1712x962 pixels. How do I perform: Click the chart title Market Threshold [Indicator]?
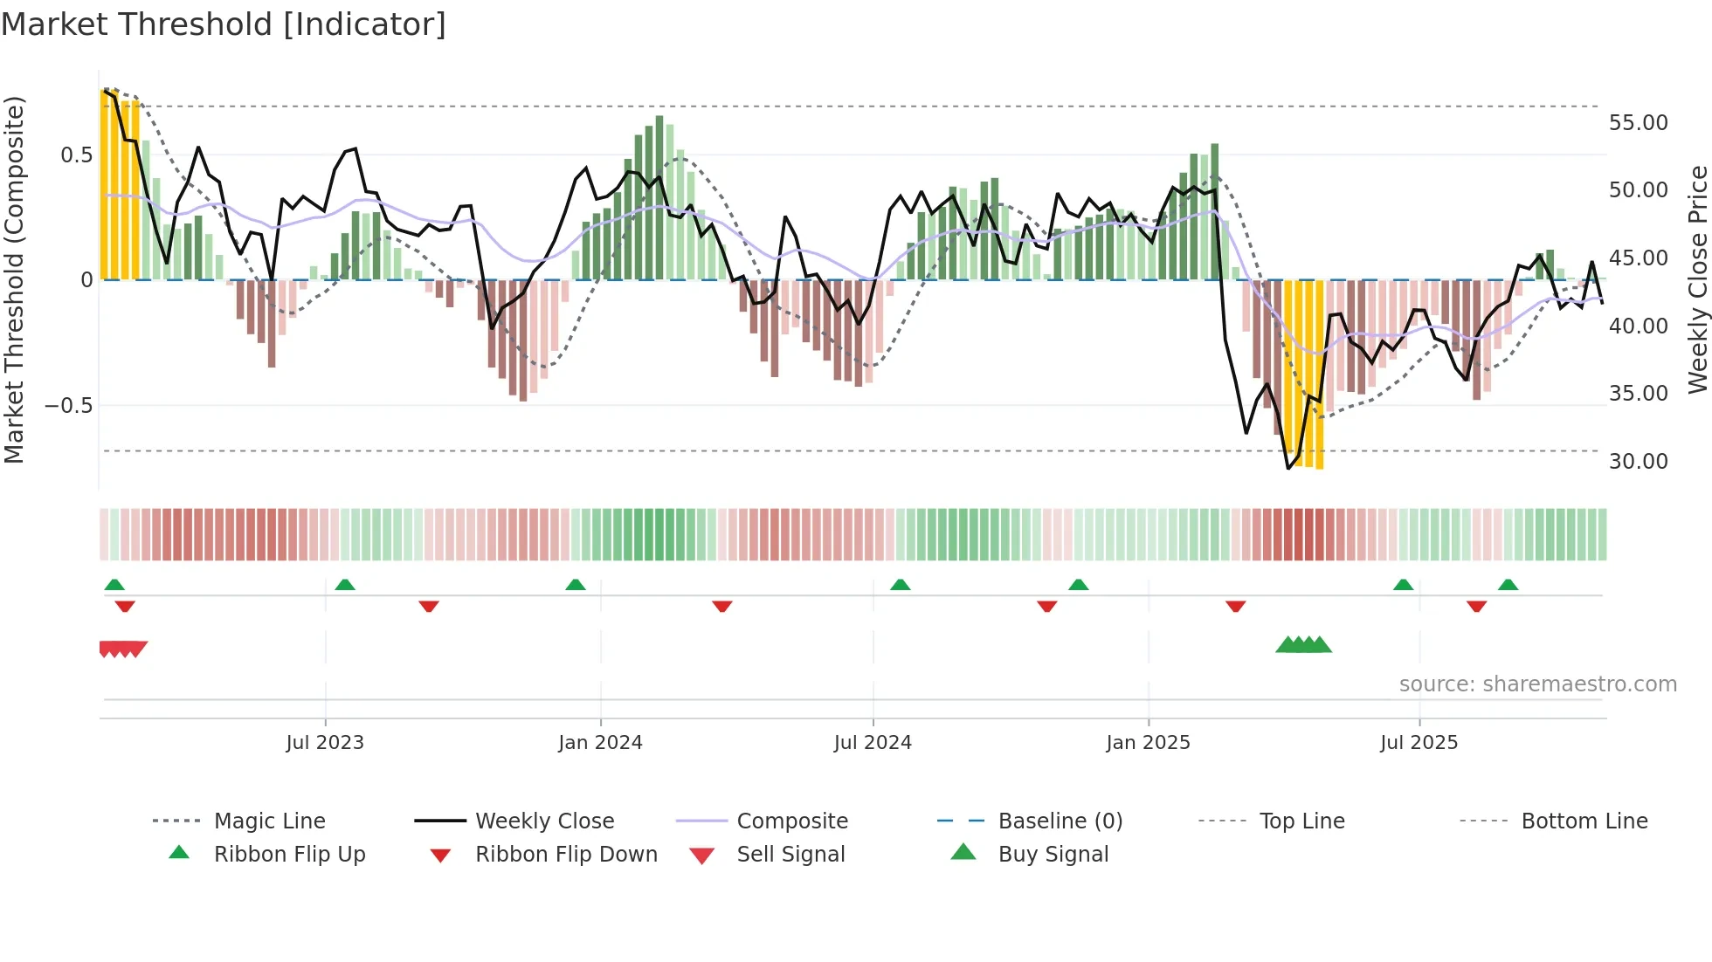coord(224,24)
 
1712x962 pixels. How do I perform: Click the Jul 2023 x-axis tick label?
coord(325,743)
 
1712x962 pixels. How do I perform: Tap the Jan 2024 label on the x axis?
coord(600,743)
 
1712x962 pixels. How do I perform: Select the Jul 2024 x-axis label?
coord(873,743)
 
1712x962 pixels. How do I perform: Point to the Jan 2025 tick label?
coord(1148,743)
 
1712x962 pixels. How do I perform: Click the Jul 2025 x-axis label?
coord(1419,743)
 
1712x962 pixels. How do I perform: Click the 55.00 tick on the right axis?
coord(1639,123)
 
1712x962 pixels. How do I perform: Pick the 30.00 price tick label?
coord(1639,462)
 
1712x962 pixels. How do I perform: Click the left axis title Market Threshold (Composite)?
coord(14,279)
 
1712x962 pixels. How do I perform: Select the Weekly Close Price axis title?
coord(1697,279)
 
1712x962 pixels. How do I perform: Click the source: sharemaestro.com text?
coord(1537,684)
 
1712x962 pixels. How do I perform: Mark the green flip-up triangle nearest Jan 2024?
coord(576,585)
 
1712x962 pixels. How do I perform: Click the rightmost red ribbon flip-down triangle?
coord(1477,607)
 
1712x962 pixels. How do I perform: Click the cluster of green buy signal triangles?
coord(1303,645)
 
